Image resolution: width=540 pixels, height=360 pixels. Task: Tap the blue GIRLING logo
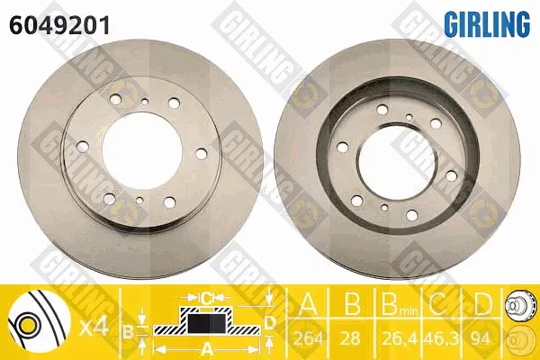tap(487, 23)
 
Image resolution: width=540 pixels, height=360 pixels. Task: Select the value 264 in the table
tap(308, 339)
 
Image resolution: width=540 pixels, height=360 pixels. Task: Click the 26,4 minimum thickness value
tap(399, 339)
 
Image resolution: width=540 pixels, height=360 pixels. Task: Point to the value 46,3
tap(441, 339)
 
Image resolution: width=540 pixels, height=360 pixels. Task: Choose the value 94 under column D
tap(481, 339)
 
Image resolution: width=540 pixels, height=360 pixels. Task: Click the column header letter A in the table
tap(308, 303)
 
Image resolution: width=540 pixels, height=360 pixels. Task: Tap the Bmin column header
tap(399, 304)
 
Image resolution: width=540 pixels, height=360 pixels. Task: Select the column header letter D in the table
tap(481, 303)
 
